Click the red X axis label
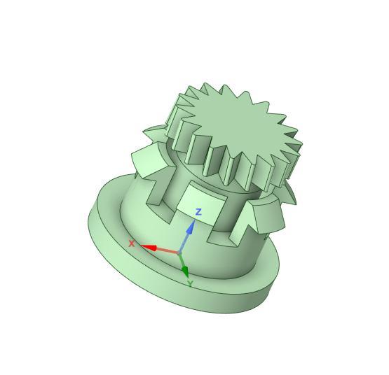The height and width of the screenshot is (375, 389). pyautogui.click(x=131, y=243)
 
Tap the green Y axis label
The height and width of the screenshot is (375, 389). pyautogui.click(x=190, y=284)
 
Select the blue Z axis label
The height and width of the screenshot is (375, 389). pyautogui.click(x=199, y=211)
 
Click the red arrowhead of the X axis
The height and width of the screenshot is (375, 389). pyautogui.click(x=149, y=247)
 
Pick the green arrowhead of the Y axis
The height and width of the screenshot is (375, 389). pyautogui.click(x=184, y=271)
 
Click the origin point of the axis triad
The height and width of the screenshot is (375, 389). pyautogui.click(x=179, y=253)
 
